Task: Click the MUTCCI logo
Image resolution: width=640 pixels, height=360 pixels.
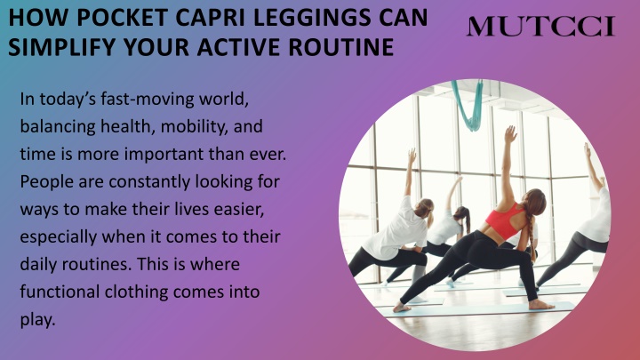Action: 540,26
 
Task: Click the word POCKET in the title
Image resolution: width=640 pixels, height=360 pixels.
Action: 123,18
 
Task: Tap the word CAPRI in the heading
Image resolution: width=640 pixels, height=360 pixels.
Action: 213,18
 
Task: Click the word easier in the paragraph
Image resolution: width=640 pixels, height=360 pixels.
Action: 242,210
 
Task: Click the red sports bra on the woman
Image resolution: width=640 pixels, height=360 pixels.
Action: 505,220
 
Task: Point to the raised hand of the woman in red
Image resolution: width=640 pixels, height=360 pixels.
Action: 510,134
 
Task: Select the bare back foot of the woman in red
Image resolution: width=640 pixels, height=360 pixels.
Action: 541,305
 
